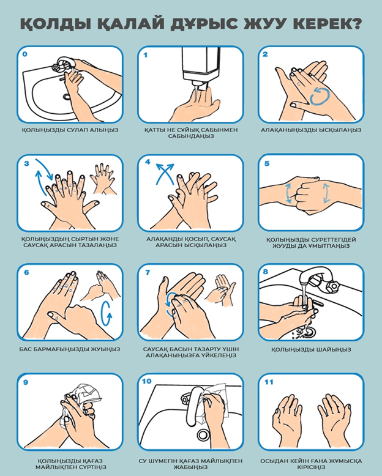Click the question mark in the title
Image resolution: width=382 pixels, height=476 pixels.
[x=354, y=23]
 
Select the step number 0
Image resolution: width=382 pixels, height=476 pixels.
[x=24, y=54]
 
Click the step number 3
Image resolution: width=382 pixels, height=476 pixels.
[x=26, y=163]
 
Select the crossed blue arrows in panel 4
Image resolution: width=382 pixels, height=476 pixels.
[x=165, y=174]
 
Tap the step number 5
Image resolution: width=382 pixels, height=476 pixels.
[x=267, y=163]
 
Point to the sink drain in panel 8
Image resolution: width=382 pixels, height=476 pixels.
[x=309, y=332]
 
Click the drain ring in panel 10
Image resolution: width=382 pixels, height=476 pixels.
[x=203, y=435]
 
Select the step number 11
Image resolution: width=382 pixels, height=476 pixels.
[x=269, y=382]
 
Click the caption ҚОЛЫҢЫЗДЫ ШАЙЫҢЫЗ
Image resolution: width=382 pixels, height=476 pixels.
[x=311, y=349]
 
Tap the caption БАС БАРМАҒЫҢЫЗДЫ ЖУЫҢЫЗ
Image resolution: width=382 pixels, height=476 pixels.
[x=70, y=349]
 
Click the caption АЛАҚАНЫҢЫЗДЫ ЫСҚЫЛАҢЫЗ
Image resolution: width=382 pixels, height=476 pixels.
[x=311, y=130]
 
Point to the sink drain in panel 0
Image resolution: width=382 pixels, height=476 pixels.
[x=67, y=97]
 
